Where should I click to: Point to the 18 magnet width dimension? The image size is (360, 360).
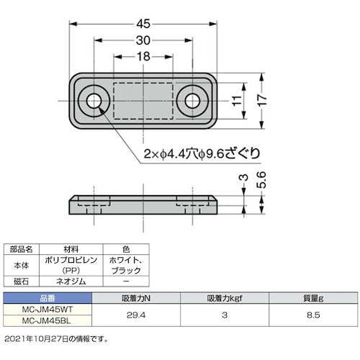(x=143, y=56)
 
